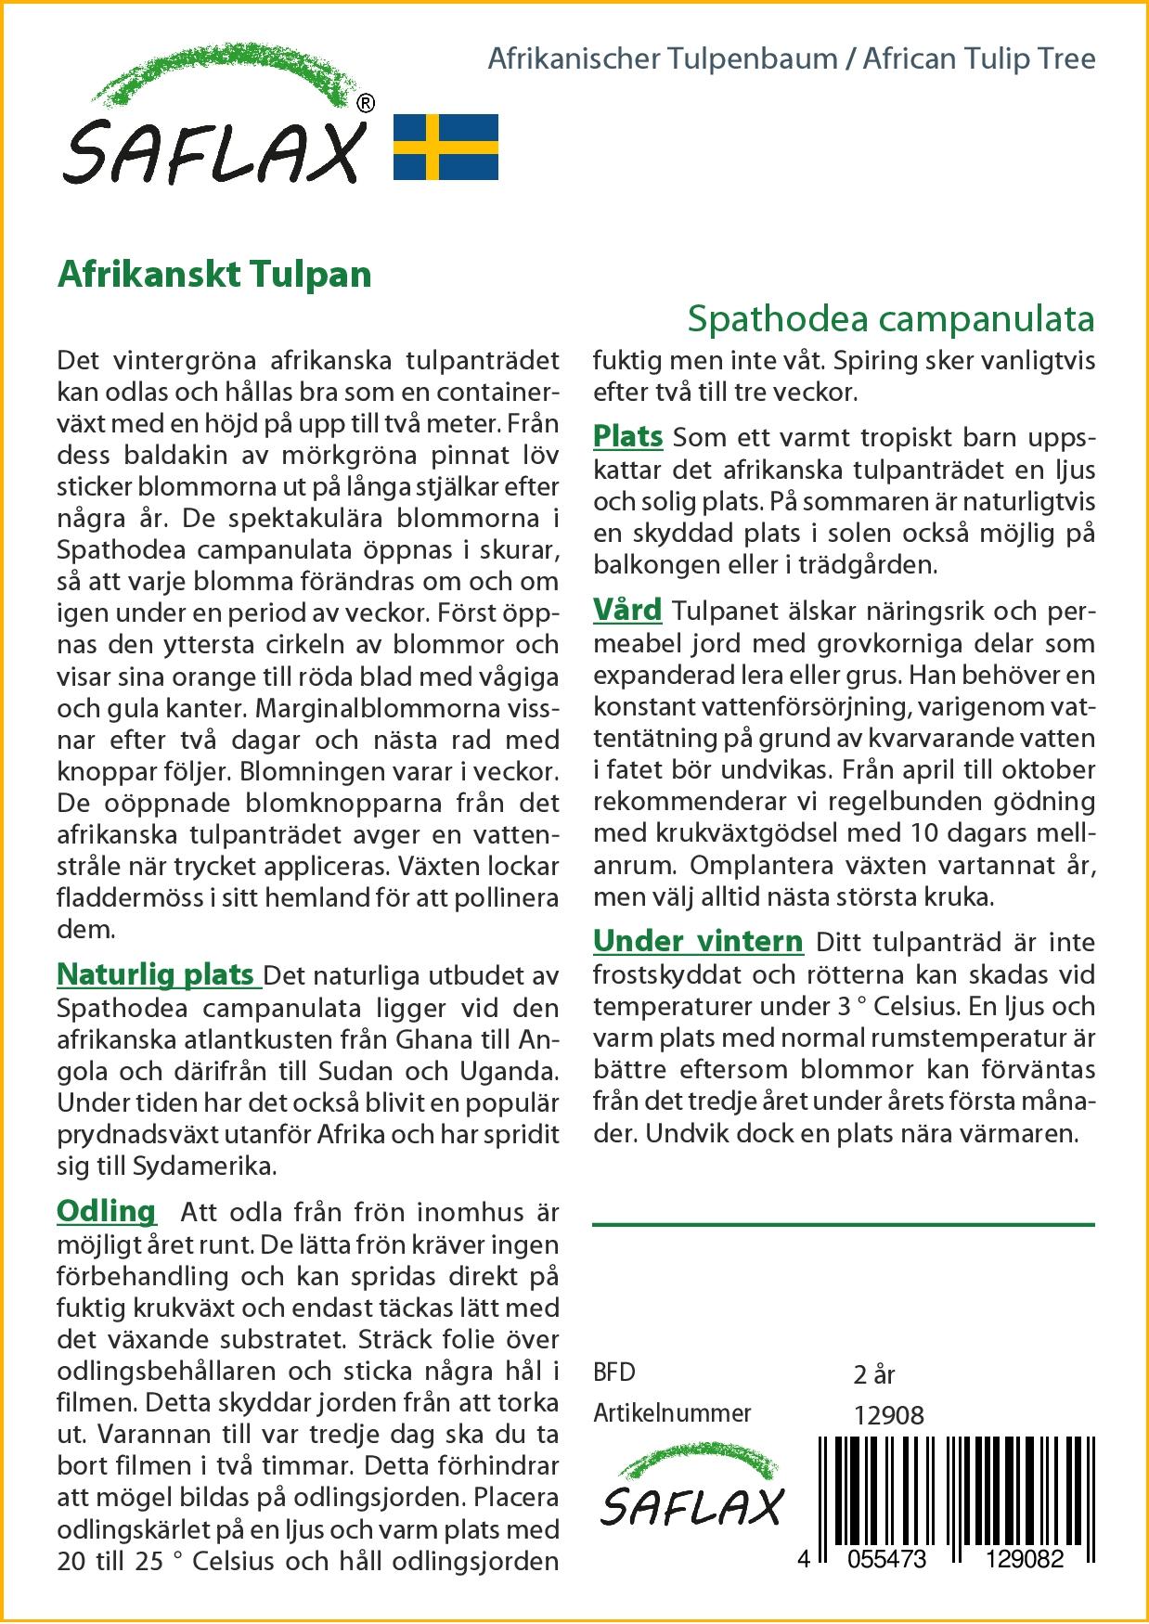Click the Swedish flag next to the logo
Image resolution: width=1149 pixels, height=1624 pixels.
(x=446, y=147)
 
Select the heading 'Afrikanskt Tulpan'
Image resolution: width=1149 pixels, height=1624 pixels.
(x=214, y=275)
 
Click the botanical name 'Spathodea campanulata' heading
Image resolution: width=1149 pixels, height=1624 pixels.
(x=890, y=318)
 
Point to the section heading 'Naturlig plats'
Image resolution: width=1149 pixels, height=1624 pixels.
(x=157, y=975)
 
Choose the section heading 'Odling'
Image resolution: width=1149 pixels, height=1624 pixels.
(x=107, y=1211)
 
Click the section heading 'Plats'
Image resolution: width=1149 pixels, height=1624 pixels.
(x=627, y=436)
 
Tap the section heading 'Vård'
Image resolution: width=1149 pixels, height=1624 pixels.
(x=627, y=611)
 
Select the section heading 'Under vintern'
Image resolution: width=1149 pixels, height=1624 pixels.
(x=698, y=941)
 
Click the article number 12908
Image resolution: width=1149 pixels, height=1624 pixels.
(x=888, y=1414)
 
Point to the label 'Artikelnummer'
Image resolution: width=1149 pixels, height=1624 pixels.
(x=672, y=1413)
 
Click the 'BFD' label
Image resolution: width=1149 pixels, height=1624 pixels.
(x=614, y=1373)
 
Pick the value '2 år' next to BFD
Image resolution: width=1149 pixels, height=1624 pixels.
(x=873, y=1374)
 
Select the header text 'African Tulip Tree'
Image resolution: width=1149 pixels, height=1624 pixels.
(x=979, y=59)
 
